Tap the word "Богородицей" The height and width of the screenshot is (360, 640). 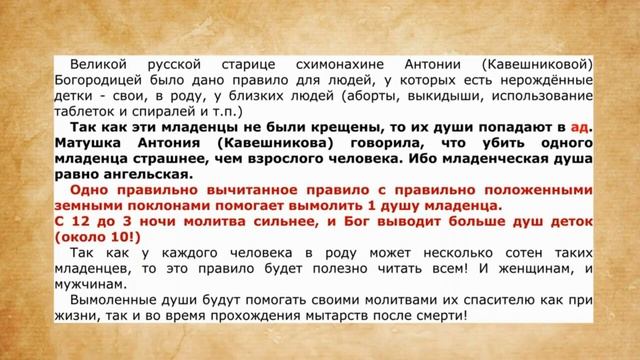coord(96,81)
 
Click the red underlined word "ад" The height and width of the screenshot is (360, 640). coord(581,128)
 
